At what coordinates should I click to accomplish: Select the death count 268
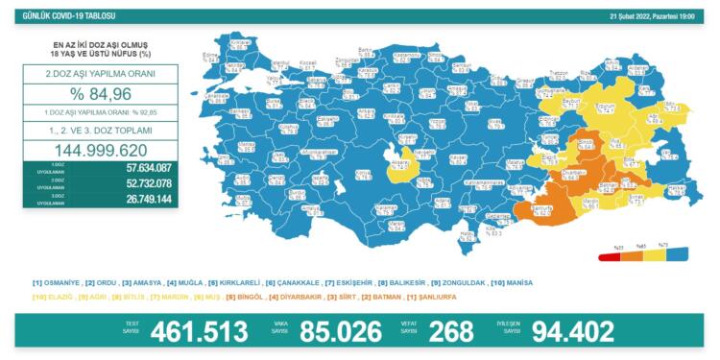point(451,332)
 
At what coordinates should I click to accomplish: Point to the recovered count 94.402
point(573,332)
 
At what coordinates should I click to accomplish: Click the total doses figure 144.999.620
point(95,151)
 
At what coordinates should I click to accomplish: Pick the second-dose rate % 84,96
point(95,94)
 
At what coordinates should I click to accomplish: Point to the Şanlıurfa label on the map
point(541,208)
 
